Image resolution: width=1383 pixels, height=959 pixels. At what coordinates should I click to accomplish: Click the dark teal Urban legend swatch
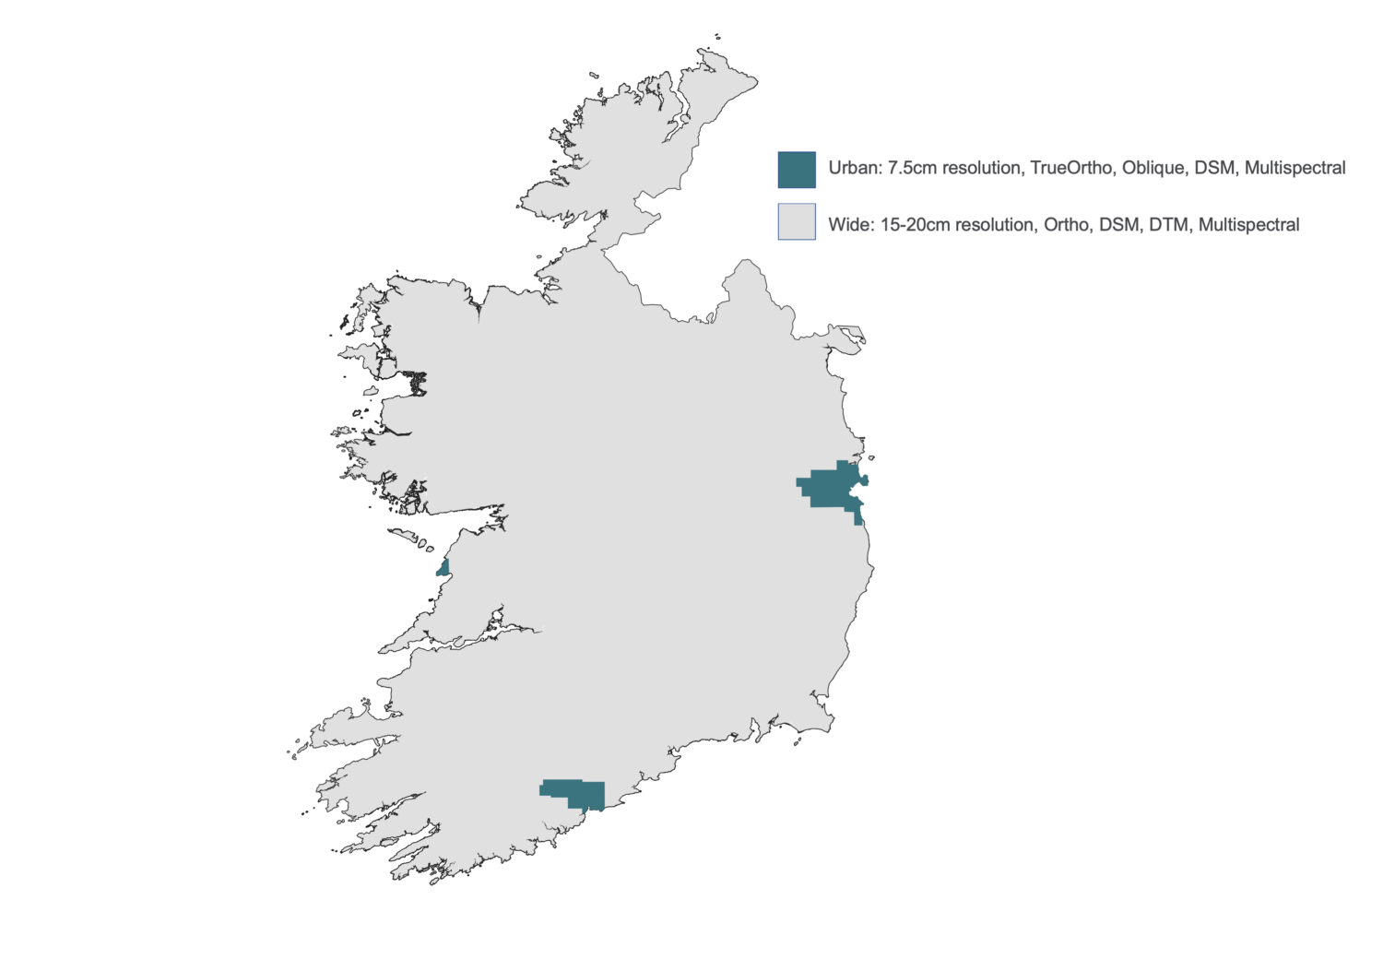click(797, 170)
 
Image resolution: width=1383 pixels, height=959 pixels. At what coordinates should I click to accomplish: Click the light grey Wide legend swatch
click(797, 222)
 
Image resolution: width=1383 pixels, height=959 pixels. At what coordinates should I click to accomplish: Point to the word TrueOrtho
click(1070, 169)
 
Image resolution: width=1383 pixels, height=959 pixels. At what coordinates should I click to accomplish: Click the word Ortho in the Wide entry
click(1065, 225)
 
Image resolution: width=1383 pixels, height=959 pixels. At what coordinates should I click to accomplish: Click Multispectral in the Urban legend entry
click(1294, 169)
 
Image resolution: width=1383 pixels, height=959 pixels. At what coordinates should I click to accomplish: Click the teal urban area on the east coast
click(834, 488)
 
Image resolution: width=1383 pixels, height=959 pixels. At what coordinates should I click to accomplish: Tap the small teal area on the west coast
click(443, 566)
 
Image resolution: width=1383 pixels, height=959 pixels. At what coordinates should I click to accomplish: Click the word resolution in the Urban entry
click(982, 169)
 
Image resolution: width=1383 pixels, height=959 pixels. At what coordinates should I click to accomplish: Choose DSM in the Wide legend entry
click(1118, 225)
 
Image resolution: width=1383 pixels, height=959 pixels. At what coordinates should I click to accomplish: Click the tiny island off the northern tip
click(717, 38)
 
